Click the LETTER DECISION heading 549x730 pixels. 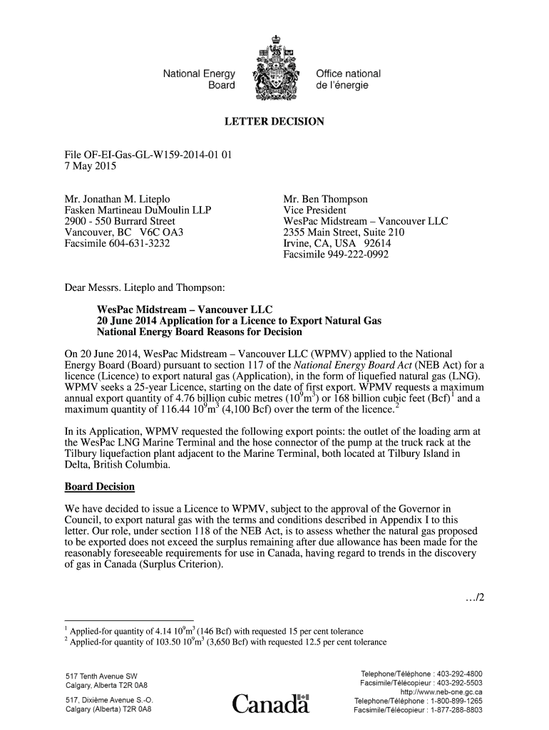coord(274,122)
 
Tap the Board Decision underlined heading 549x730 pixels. coord(99,487)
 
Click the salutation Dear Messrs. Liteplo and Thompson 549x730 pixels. coord(145,288)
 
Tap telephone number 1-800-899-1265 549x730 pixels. coord(451,701)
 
